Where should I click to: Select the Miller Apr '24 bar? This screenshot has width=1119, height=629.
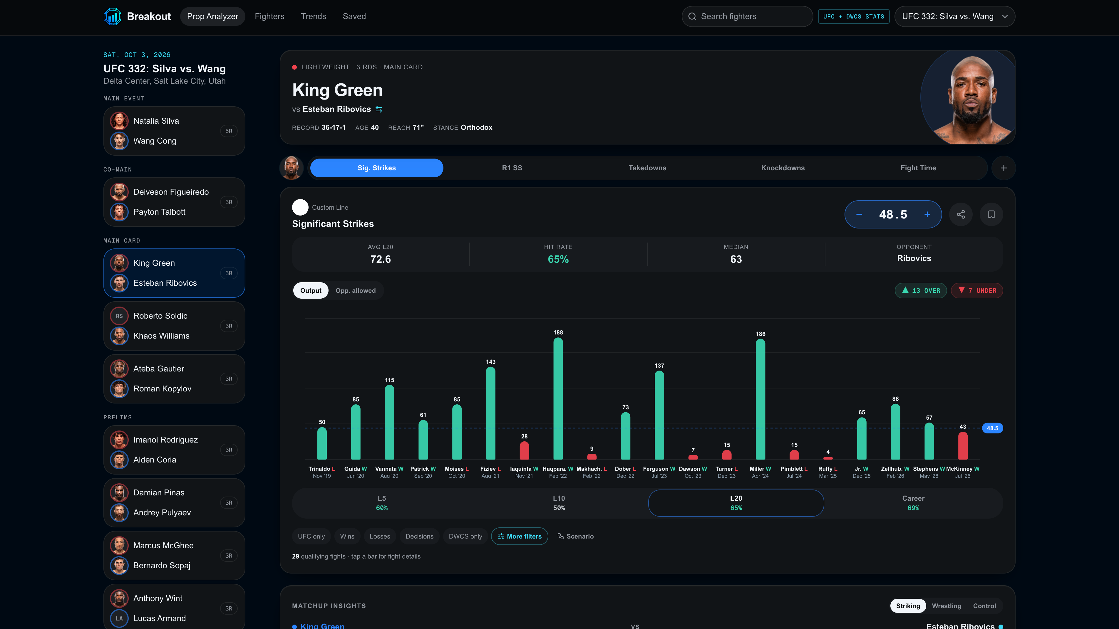(760, 399)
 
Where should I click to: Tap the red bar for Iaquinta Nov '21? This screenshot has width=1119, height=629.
(524, 450)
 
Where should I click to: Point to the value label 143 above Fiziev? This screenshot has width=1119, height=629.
(490, 361)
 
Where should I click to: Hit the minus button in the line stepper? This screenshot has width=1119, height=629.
(859, 214)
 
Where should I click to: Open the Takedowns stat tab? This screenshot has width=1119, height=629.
(647, 168)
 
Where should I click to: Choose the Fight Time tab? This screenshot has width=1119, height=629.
(918, 168)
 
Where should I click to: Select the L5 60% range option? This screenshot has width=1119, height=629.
(382, 503)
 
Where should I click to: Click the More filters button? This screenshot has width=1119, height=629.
(520, 536)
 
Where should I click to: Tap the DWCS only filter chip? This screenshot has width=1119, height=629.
(465, 536)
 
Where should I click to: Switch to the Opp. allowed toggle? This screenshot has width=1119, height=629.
(355, 290)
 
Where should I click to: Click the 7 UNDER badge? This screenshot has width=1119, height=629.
(977, 290)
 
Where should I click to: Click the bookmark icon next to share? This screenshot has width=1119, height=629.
(991, 214)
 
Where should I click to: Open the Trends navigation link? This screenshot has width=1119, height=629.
(313, 16)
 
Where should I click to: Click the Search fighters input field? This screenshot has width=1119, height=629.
(747, 16)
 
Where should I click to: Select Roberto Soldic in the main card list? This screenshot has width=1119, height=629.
(160, 316)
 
